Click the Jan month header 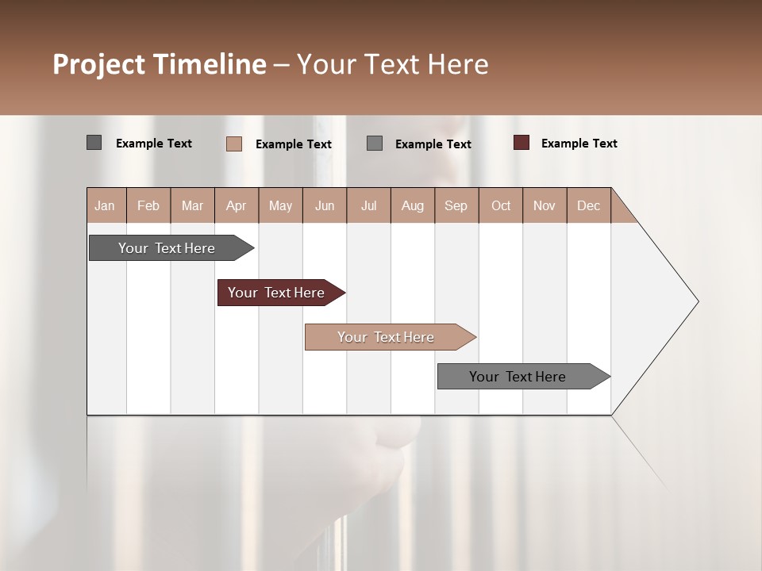click(x=105, y=205)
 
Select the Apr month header click(x=236, y=205)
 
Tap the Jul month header click(x=368, y=205)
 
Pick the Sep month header click(x=456, y=205)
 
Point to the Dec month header click(x=588, y=205)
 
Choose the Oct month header click(x=501, y=205)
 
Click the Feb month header click(x=148, y=205)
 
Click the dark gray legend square click(x=94, y=143)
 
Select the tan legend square click(x=233, y=144)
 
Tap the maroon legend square click(x=521, y=143)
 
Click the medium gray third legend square click(x=375, y=143)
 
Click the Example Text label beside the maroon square click(x=579, y=144)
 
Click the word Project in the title click(x=99, y=64)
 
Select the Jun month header click(x=325, y=205)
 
